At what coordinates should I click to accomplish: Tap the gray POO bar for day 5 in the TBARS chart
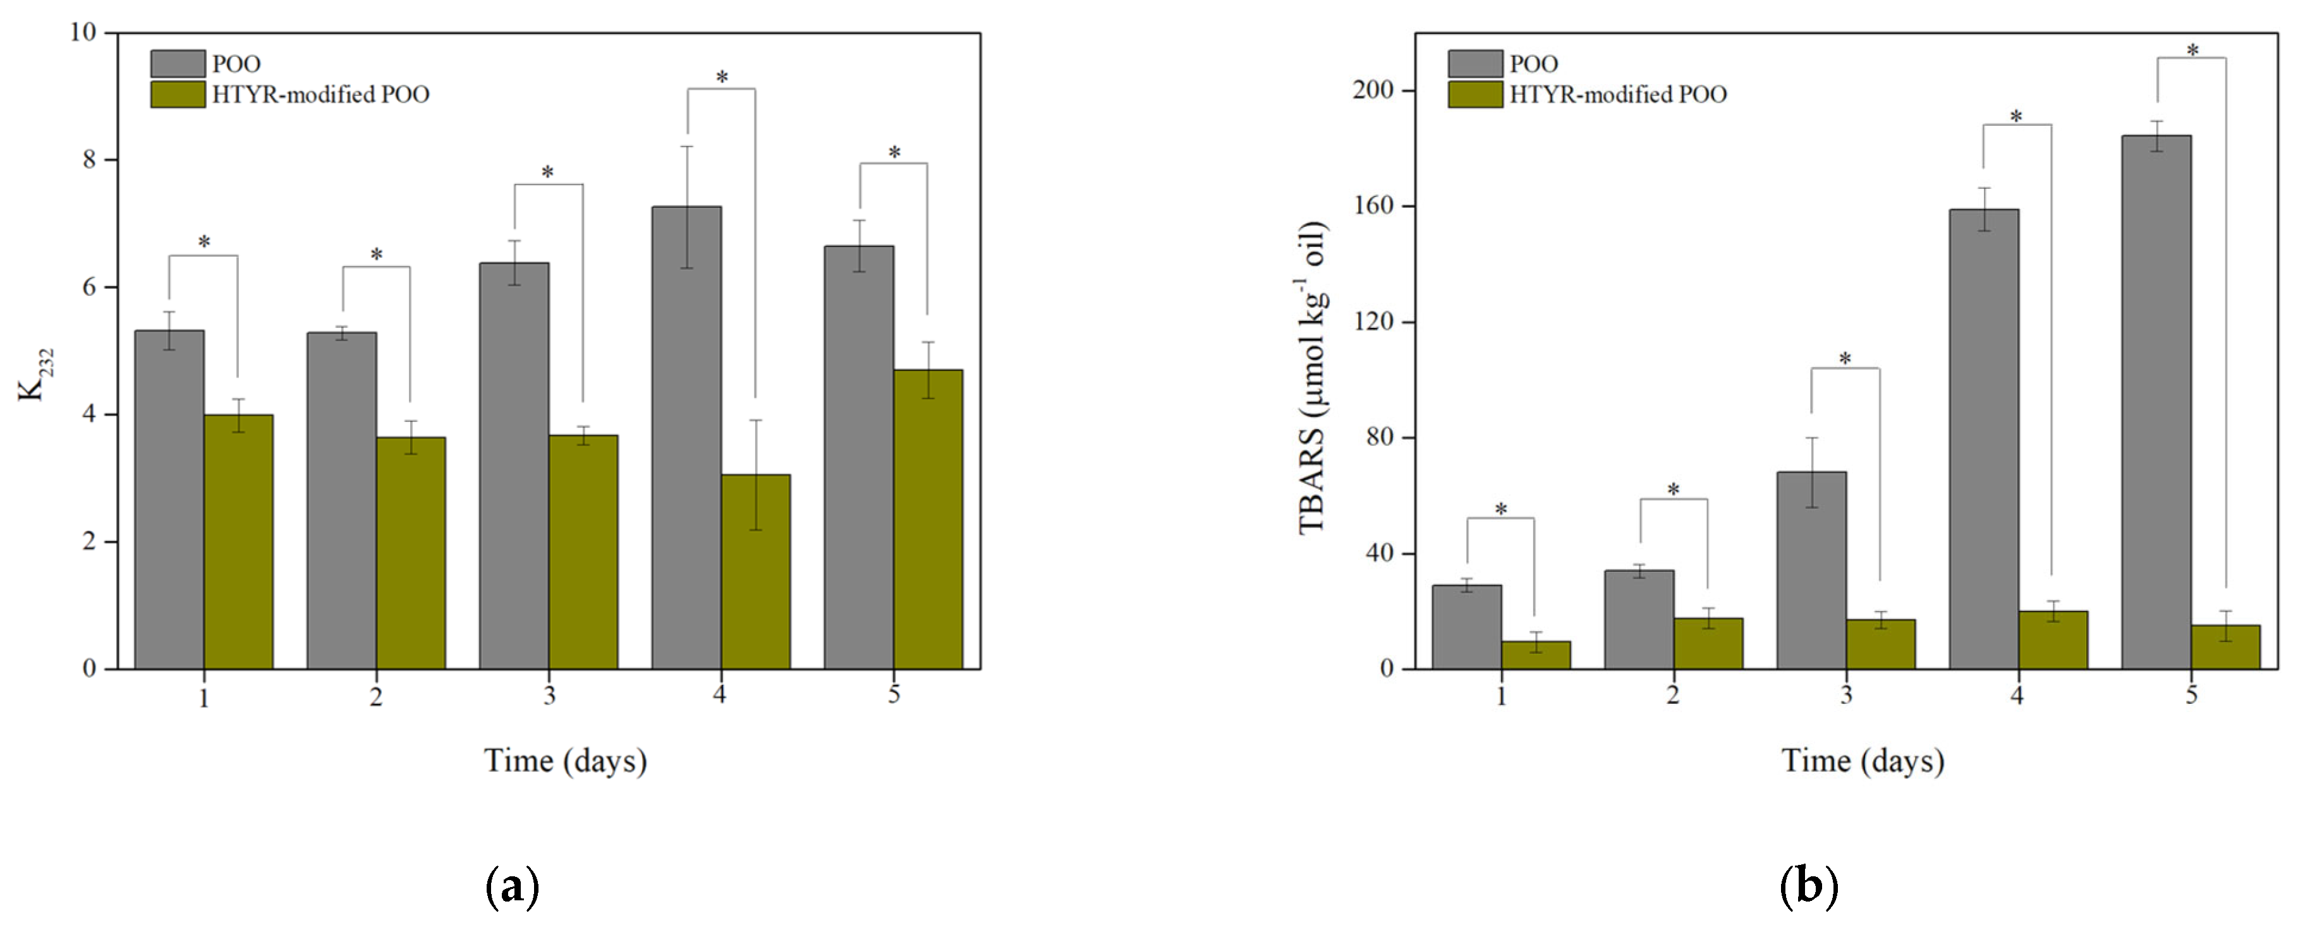2156,401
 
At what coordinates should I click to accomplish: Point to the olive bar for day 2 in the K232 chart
410,553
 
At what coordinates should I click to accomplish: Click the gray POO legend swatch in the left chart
178,63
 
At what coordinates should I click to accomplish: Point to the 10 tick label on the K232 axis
82,32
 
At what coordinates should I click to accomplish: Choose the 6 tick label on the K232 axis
89,287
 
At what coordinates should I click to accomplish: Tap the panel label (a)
512,886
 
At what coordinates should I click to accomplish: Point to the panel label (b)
1809,886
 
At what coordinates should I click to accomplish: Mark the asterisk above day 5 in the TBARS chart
2192,51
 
